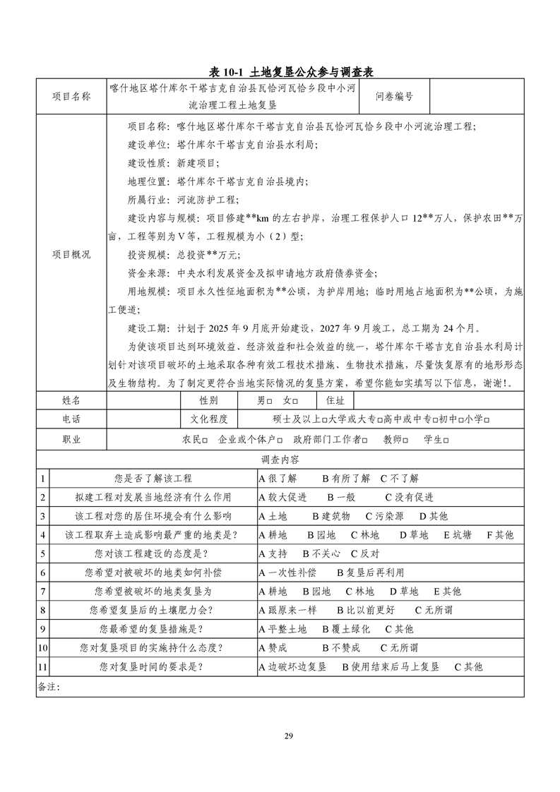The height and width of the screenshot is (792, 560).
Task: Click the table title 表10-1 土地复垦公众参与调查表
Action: (x=291, y=71)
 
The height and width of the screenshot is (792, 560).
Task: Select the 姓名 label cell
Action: (x=71, y=400)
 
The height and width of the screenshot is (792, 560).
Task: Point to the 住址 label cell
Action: (x=335, y=400)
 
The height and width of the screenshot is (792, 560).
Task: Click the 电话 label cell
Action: (x=71, y=419)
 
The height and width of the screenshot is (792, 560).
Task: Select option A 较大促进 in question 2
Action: (x=282, y=497)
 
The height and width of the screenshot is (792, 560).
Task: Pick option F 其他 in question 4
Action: (x=500, y=535)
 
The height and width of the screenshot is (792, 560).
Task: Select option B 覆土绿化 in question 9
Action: (x=346, y=629)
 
